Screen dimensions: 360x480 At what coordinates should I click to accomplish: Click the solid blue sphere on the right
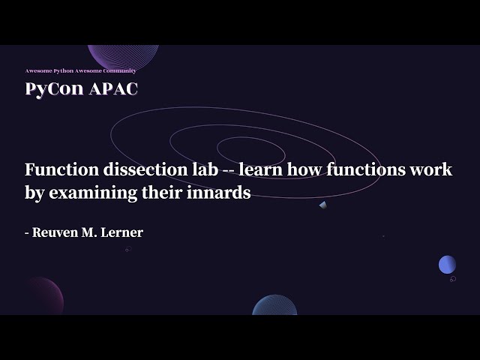point(447,264)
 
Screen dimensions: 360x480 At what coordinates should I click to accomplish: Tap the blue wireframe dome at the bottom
point(274,305)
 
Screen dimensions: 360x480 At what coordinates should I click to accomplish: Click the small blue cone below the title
point(322,205)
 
